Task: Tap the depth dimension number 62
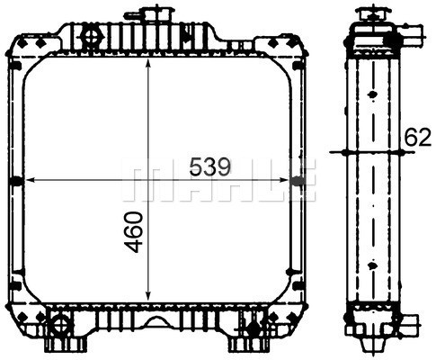tap(417, 137)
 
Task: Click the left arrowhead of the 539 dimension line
tap(31, 180)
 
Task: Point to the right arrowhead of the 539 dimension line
tap(282, 180)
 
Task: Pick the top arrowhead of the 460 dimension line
tap(147, 65)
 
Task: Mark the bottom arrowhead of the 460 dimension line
tap(147, 294)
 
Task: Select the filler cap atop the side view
tap(372, 13)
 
